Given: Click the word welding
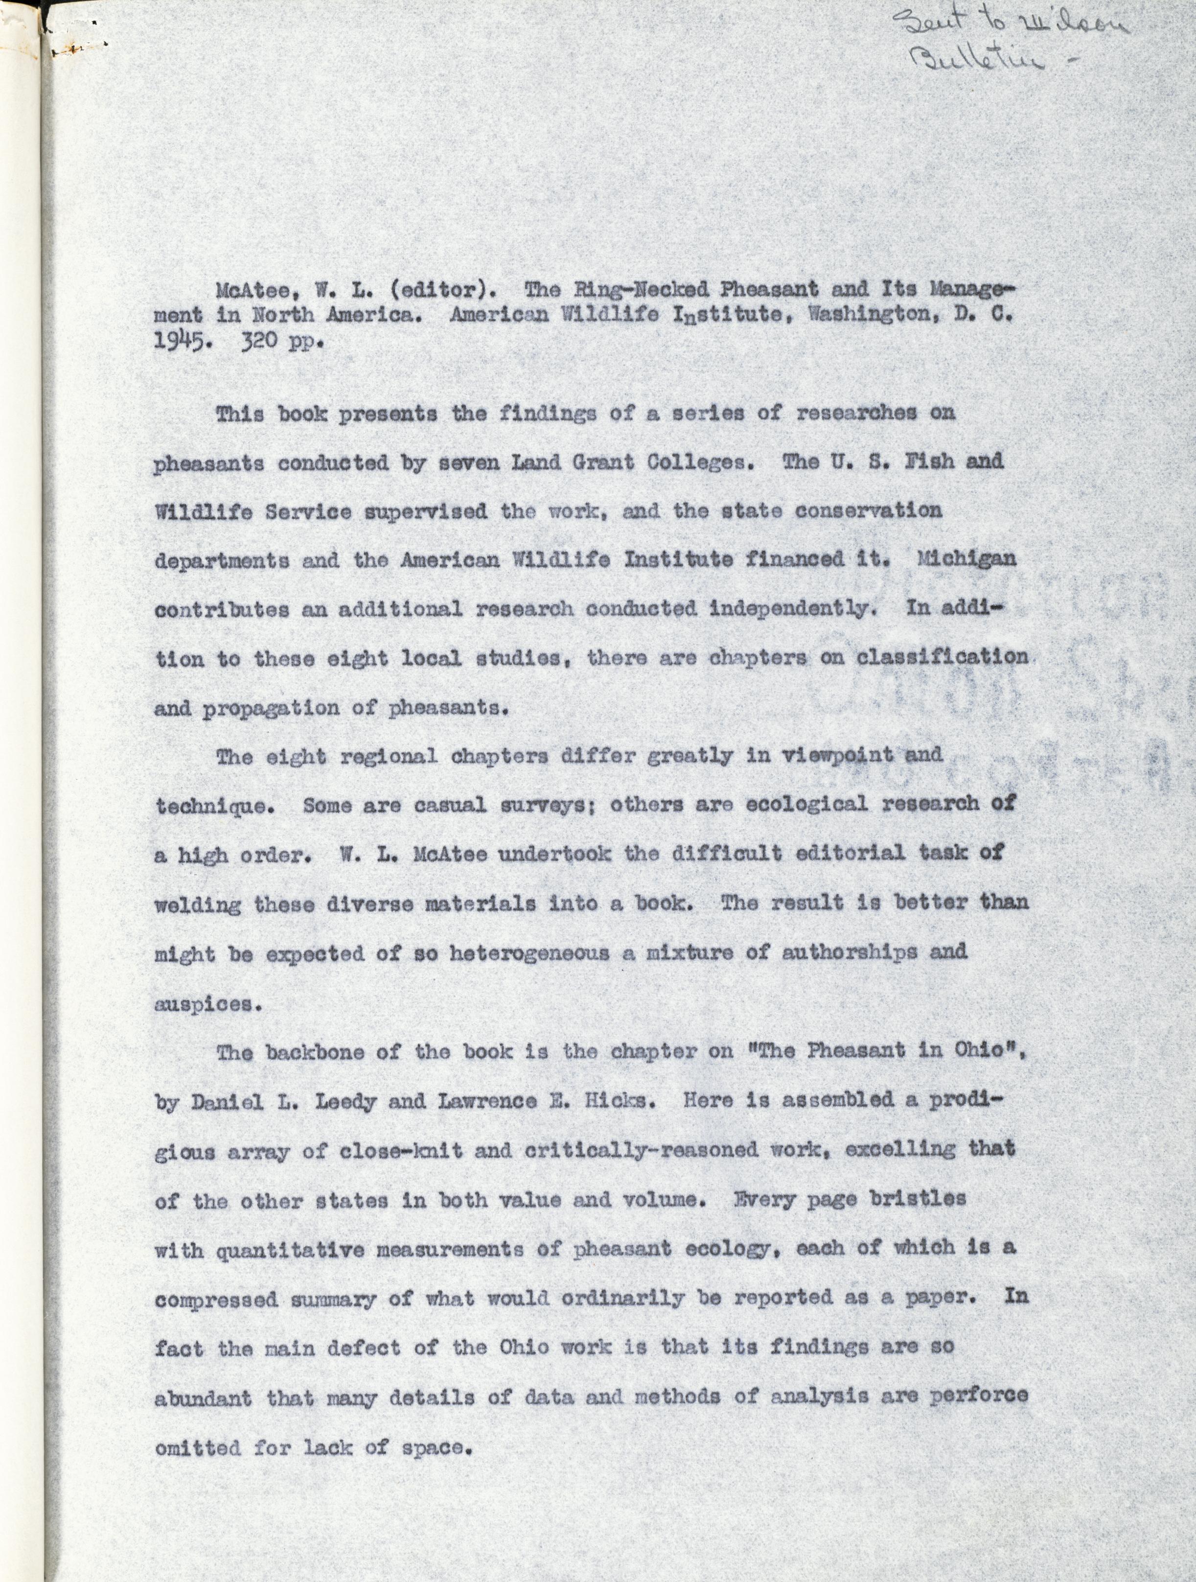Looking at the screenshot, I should [197, 905].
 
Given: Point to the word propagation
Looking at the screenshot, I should [271, 709].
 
